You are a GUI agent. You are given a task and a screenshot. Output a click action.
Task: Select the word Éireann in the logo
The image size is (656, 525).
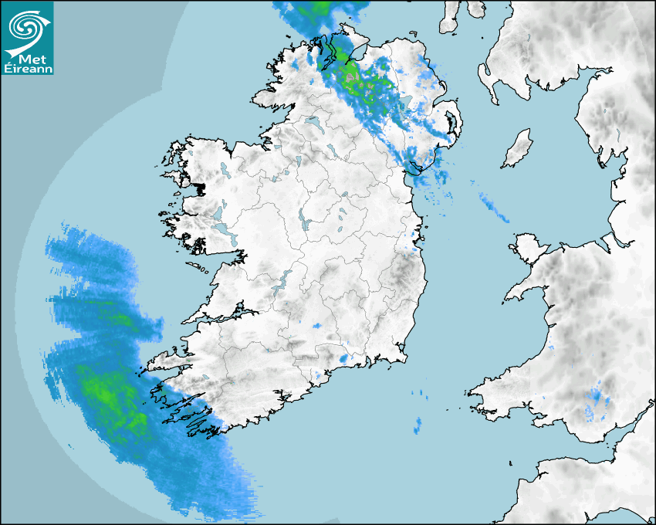coord(28,69)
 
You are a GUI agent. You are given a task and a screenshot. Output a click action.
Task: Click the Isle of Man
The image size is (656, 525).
coord(518,149)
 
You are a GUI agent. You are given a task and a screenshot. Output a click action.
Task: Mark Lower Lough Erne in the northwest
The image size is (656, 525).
coord(313,122)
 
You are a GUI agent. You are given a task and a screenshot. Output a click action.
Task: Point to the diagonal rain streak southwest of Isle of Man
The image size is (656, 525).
coord(490,205)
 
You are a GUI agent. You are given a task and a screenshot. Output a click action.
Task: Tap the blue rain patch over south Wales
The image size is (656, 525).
coord(597,401)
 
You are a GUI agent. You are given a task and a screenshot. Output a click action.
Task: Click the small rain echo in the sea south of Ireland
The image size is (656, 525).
coord(418,425)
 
